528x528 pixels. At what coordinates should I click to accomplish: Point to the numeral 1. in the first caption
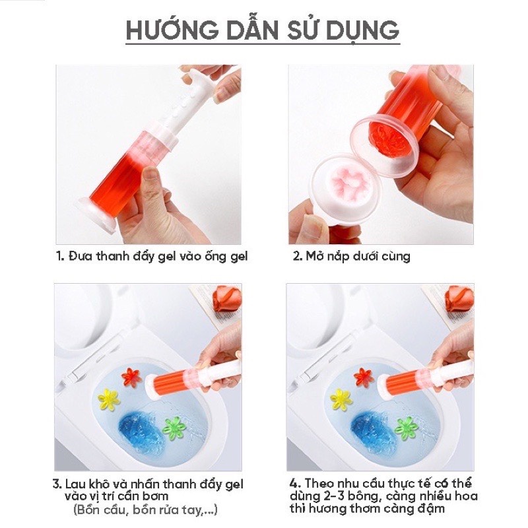click(x=60, y=256)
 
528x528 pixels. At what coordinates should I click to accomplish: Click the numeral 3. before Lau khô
click(x=57, y=484)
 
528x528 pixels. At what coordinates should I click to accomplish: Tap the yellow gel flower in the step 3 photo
click(x=108, y=399)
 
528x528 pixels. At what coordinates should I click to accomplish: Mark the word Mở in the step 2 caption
click(x=315, y=256)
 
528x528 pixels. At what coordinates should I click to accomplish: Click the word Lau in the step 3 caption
click(x=76, y=484)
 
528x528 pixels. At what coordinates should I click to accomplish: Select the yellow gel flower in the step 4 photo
click(x=341, y=399)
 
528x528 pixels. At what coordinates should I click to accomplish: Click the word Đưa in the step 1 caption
click(x=81, y=256)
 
